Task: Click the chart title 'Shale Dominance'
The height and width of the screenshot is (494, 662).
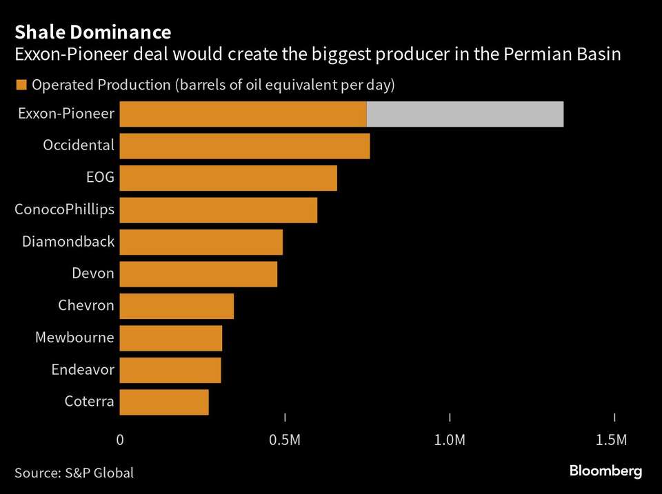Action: [93, 32]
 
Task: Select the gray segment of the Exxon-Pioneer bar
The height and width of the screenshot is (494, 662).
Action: [465, 114]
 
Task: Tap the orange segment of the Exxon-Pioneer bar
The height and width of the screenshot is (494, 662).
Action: [243, 114]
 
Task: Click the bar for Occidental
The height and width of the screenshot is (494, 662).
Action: [245, 146]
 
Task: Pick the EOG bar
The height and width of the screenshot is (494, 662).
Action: [228, 178]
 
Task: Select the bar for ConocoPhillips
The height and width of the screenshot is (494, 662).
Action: [219, 209]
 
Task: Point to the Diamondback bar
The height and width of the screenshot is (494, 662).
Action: [201, 242]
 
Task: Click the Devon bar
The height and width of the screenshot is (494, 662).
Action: [199, 274]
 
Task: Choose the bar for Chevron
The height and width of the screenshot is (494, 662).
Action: [177, 306]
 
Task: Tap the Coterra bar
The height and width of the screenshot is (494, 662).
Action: [164, 402]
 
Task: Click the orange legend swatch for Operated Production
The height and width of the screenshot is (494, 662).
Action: [21, 85]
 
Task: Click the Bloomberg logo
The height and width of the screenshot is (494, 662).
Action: [605, 471]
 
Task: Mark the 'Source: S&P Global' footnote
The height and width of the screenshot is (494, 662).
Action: [74, 473]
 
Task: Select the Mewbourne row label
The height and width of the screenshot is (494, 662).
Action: [74, 338]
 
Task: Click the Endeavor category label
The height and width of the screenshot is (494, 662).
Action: [83, 370]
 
